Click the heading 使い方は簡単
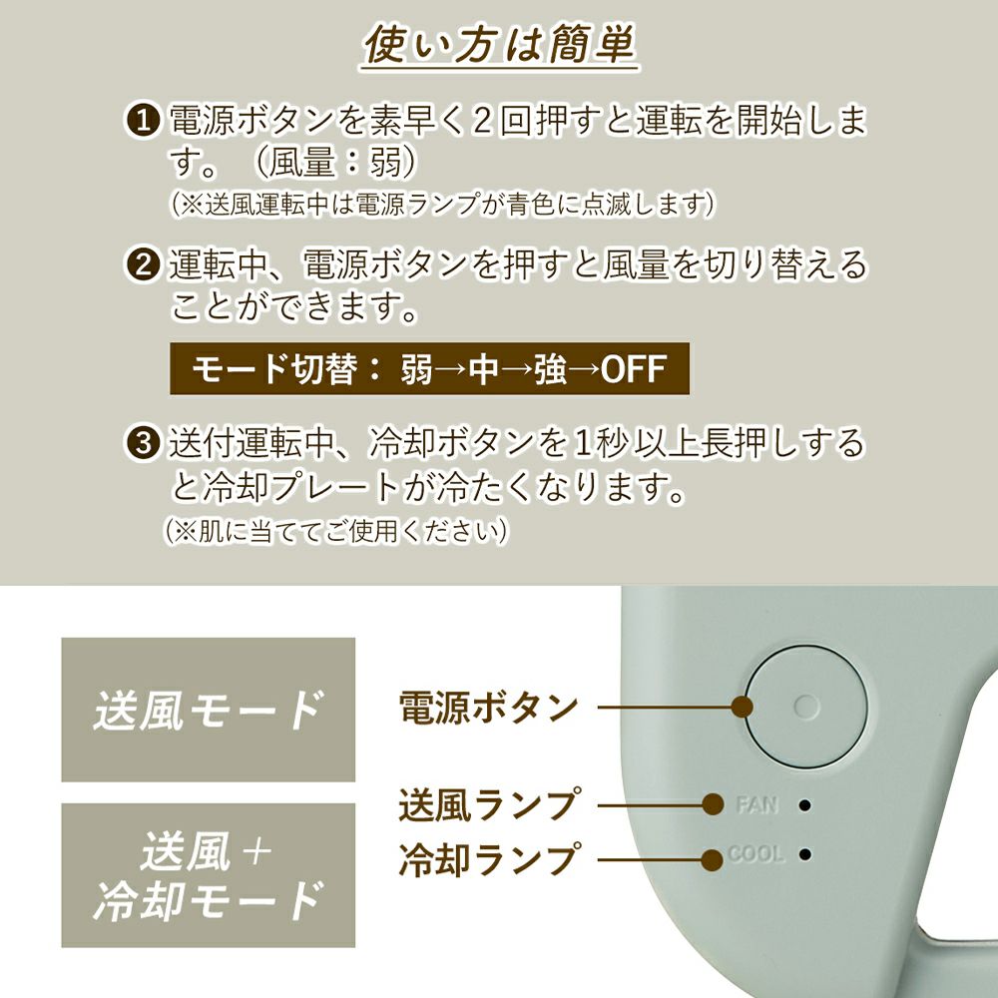(500, 45)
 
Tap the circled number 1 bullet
(143, 120)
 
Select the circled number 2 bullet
(143, 264)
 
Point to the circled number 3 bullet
(143, 442)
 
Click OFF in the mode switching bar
(634, 369)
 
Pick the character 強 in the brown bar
(551, 369)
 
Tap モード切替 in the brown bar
(273, 369)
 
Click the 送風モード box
(209, 710)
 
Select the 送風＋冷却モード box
(209, 875)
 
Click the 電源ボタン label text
(488, 708)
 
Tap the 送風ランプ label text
(489, 804)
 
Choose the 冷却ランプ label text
(489, 859)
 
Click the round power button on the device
(806, 707)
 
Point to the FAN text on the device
(756, 805)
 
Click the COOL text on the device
(755, 853)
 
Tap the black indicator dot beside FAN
(805, 805)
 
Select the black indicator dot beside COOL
(805, 853)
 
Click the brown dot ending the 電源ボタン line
(743, 707)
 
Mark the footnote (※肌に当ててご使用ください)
(336, 531)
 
